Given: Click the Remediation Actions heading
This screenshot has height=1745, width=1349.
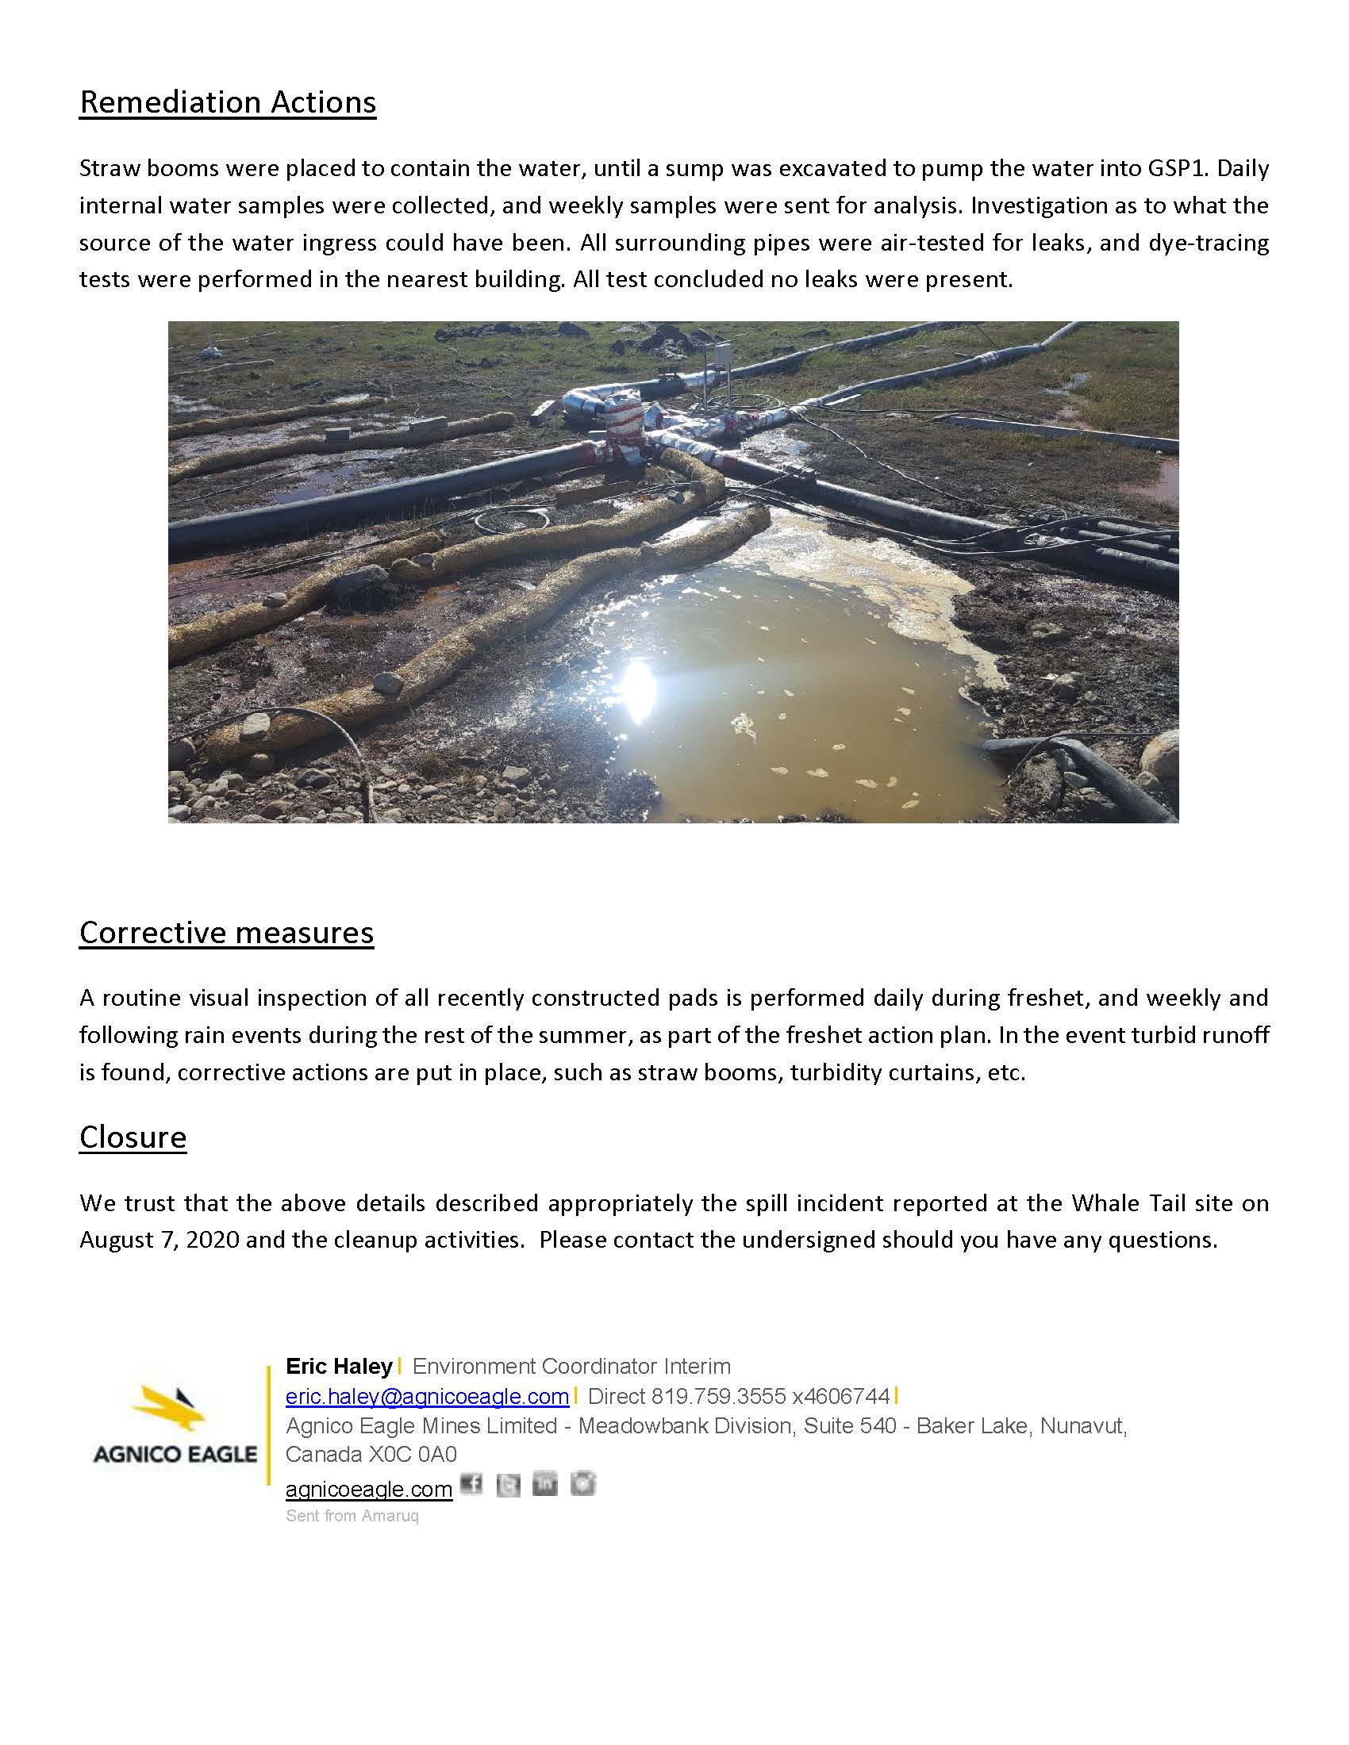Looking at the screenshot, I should (228, 102).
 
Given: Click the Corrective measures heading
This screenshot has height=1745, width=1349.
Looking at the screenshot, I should (226, 933).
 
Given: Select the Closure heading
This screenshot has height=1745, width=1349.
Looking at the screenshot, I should (133, 1137).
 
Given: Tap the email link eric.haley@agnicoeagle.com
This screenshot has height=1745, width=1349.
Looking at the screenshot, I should (427, 1396).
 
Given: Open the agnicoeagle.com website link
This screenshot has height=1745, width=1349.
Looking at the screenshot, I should (368, 1489).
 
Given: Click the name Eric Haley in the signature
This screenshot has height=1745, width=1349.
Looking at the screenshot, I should (339, 1367).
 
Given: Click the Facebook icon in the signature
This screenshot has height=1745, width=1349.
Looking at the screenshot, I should (471, 1485).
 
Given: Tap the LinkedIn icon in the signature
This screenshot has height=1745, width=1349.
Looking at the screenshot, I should (545, 1484).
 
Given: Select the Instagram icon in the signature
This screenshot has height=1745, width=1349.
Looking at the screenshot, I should (582, 1484).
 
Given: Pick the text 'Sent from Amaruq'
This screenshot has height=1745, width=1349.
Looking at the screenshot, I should (352, 1516).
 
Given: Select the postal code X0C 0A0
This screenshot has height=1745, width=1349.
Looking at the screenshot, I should (412, 1453).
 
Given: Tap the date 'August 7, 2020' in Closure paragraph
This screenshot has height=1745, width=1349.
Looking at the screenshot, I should (158, 1240).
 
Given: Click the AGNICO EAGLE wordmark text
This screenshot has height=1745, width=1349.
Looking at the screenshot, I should (175, 1453).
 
